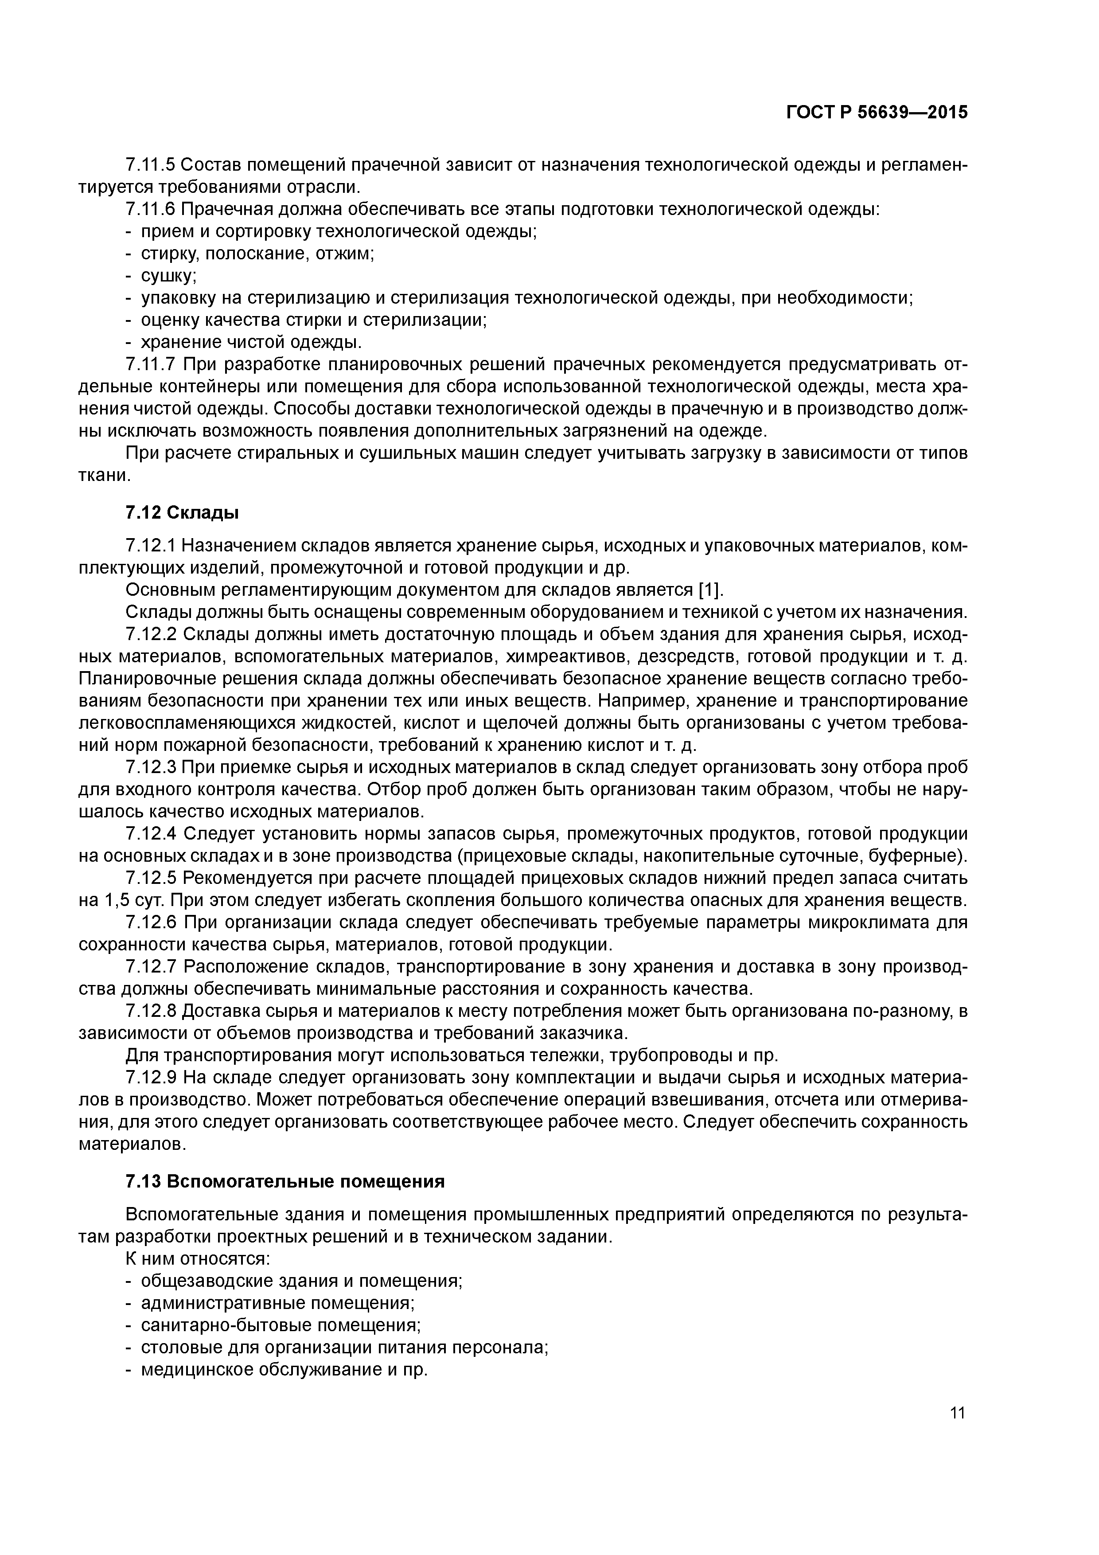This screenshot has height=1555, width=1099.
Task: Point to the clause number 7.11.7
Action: tap(150, 364)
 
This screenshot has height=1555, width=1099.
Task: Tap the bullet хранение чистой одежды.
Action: tap(250, 342)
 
